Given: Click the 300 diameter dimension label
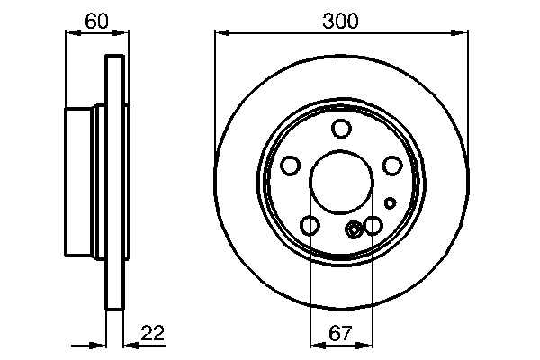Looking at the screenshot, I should pos(340,20).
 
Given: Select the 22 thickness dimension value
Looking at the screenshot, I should pos(153,333).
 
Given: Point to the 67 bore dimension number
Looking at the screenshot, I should pos(339,333).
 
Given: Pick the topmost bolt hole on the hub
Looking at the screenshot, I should pos(340,129).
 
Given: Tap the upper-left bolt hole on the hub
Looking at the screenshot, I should pos(291,166).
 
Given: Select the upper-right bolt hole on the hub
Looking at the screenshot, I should pos(391,166).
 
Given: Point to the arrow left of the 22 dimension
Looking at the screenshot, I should pos(99,344).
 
